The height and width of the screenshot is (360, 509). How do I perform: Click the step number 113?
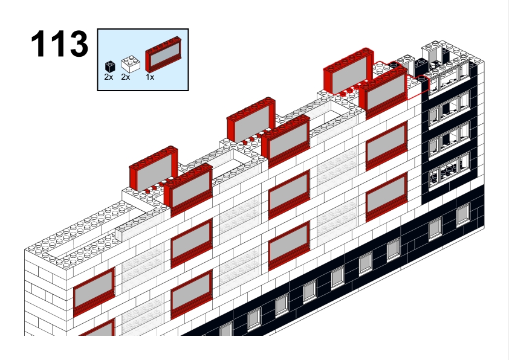59,43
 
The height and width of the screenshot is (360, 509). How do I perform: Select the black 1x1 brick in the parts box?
110,66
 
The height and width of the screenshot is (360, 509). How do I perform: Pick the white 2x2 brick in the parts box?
131,65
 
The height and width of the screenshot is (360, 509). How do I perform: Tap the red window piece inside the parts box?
163,54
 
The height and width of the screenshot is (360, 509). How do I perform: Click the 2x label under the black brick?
109,77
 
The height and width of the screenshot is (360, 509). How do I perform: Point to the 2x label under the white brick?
126,77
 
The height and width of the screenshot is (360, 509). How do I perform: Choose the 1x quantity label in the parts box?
150,77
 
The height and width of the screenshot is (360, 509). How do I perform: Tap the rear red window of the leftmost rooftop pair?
153,169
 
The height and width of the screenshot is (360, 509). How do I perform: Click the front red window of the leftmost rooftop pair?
188,190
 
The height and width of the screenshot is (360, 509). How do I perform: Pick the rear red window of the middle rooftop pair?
251,120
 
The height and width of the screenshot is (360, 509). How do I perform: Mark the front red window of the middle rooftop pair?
286,140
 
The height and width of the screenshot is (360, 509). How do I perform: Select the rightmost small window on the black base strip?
463,214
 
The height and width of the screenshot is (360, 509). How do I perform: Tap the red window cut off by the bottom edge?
97,328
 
